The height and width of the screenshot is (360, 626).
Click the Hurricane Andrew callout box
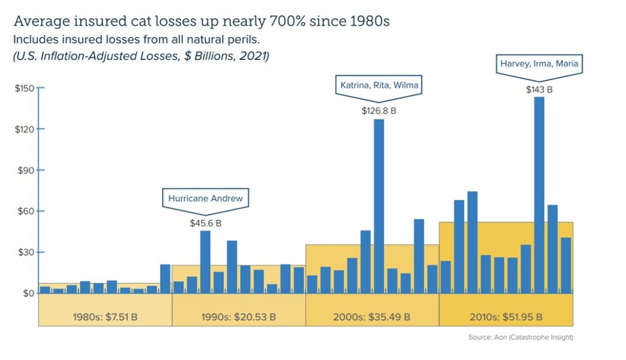[x=205, y=198]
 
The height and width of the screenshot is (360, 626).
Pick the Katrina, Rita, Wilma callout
[x=378, y=85]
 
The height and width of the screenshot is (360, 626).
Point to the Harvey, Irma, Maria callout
[x=539, y=64]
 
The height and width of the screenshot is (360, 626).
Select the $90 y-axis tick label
[x=26, y=171]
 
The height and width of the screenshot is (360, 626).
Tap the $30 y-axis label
[x=26, y=252]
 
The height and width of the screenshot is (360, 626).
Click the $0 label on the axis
[x=28, y=293]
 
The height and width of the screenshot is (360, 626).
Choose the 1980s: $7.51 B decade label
[x=105, y=317]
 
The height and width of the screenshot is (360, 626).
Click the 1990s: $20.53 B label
[x=238, y=317]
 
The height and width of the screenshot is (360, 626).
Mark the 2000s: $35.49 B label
[x=372, y=317]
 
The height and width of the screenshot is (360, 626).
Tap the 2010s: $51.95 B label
[x=506, y=317]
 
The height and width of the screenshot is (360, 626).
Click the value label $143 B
[x=539, y=89]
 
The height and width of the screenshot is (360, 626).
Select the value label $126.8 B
[x=378, y=111]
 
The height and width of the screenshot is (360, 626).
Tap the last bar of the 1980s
[x=165, y=279]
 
